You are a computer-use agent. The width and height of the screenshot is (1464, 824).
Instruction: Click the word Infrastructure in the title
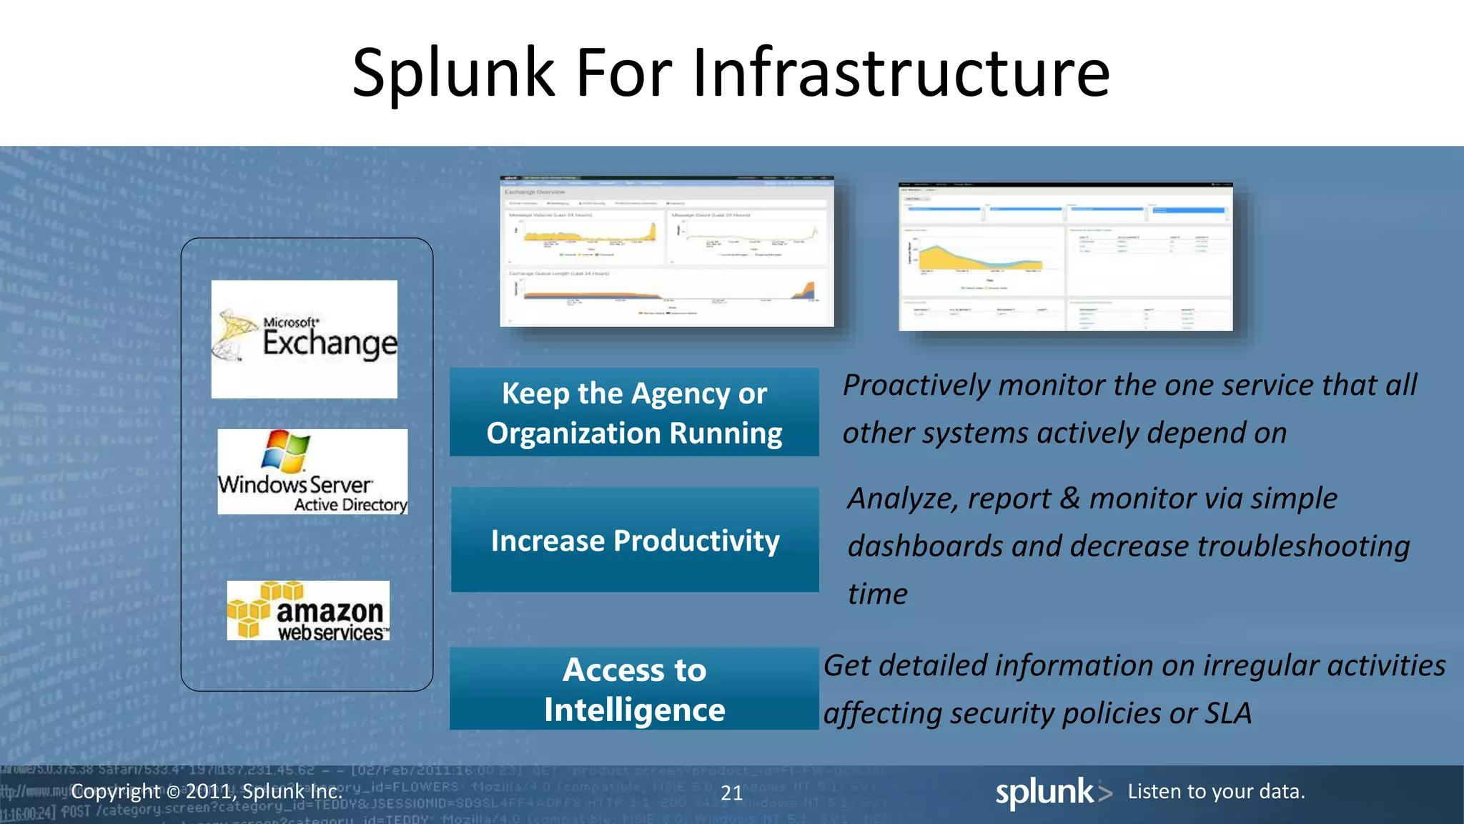pyautogui.click(x=901, y=73)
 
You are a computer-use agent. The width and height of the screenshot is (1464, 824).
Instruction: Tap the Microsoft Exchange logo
pyautogui.click(x=305, y=339)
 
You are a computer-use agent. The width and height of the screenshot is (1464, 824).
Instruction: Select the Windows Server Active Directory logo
pyautogui.click(x=312, y=472)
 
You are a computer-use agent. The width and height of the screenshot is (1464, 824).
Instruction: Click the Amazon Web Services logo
pyautogui.click(x=308, y=610)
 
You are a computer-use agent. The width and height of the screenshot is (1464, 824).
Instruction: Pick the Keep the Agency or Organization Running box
pyautogui.click(x=634, y=413)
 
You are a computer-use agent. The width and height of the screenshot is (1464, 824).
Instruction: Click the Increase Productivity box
pyautogui.click(x=634, y=540)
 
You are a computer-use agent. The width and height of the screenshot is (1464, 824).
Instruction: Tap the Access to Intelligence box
pyautogui.click(x=634, y=689)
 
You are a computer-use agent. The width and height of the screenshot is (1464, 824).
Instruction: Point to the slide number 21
pyautogui.click(x=731, y=793)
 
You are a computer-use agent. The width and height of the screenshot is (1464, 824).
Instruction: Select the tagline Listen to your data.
pyautogui.click(x=1216, y=791)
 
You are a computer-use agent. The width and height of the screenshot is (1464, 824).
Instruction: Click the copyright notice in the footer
pyautogui.click(x=207, y=791)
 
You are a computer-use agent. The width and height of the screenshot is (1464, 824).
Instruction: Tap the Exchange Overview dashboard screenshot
pyautogui.click(x=666, y=252)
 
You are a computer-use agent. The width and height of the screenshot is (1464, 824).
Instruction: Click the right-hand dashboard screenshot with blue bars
pyautogui.click(x=1065, y=257)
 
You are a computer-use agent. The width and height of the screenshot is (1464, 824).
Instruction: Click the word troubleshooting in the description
pyautogui.click(x=1302, y=546)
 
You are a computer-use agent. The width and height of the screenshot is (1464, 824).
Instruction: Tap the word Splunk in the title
pyautogui.click(x=453, y=73)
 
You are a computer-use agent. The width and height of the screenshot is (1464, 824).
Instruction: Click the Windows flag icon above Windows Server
pyautogui.click(x=286, y=451)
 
